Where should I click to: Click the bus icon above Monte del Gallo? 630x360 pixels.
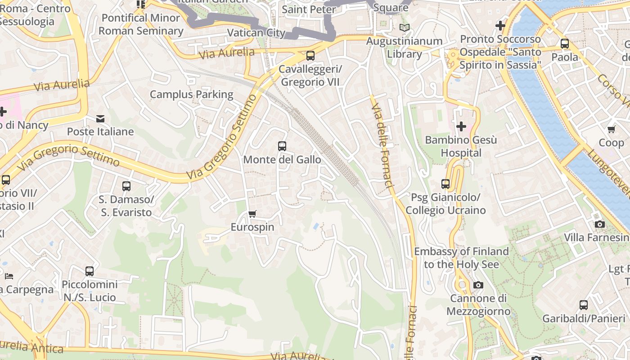(x=282, y=146)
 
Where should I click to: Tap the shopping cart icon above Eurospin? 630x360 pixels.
(x=252, y=214)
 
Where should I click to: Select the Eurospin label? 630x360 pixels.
(x=252, y=227)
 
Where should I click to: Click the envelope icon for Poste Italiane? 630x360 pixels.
(x=100, y=119)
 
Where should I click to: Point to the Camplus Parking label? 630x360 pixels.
(x=191, y=94)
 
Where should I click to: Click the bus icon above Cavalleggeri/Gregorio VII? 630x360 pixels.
(x=310, y=56)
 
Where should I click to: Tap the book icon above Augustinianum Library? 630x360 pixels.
(x=405, y=28)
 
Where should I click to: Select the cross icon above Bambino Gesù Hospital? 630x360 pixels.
(x=461, y=127)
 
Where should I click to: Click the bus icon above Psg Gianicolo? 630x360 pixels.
(x=445, y=184)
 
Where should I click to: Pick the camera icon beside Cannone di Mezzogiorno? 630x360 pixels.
(x=478, y=285)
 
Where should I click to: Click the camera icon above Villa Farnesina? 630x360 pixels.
(x=599, y=224)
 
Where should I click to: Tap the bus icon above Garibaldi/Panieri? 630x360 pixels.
(x=584, y=305)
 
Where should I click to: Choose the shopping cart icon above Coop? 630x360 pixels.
(x=611, y=130)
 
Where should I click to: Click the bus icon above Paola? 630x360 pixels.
(x=565, y=44)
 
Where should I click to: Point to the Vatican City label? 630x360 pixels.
(x=256, y=32)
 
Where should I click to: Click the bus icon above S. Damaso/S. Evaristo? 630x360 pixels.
(x=126, y=186)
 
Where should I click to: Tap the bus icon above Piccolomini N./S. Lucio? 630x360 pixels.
(x=90, y=271)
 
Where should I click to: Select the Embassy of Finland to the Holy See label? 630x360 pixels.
(x=461, y=257)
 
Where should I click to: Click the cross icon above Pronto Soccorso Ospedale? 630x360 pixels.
(x=500, y=26)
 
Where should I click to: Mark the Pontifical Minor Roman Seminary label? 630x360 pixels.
(x=141, y=24)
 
